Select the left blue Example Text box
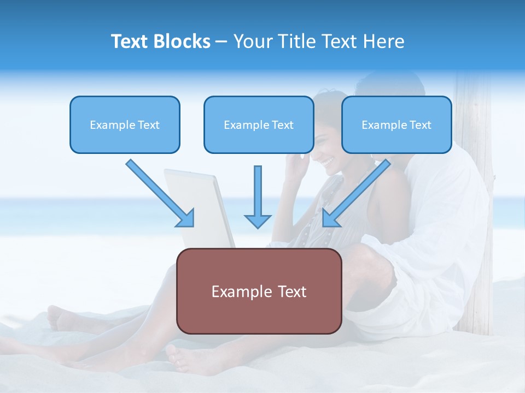(x=125, y=125)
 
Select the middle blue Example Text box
(x=259, y=125)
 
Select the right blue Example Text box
(x=396, y=125)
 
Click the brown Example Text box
(x=259, y=291)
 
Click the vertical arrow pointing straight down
(x=258, y=196)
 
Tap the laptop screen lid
(x=200, y=207)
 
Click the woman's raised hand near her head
(x=296, y=164)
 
